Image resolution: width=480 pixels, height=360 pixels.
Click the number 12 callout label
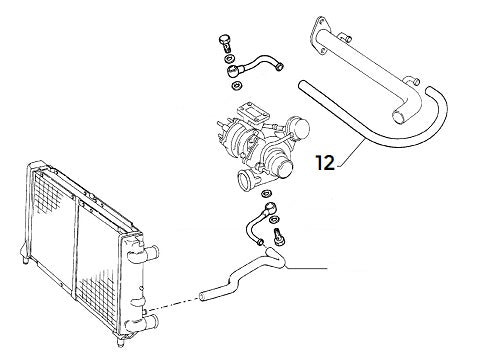(x=326, y=161)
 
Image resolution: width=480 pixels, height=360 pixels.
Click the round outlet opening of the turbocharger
(x=246, y=182)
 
